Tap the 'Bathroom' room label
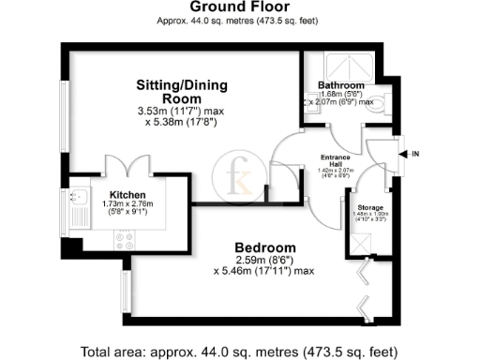(x=340, y=84)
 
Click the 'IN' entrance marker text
(x=412, y=152)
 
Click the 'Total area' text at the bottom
(x=239, y=352)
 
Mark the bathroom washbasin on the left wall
(x=309, y=103)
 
